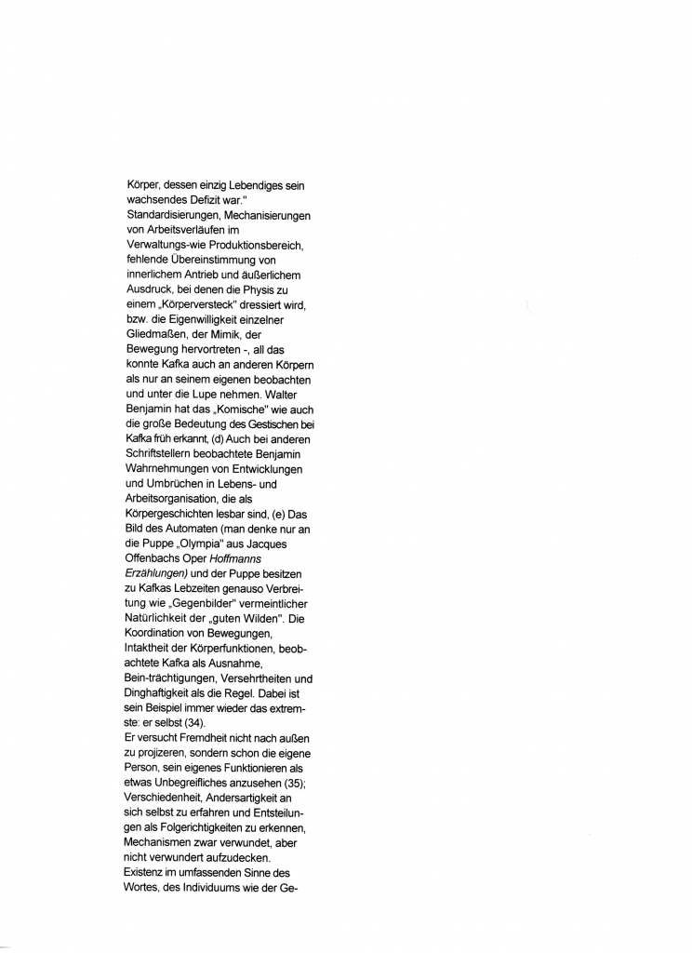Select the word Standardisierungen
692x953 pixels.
[x=179, y=216]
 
